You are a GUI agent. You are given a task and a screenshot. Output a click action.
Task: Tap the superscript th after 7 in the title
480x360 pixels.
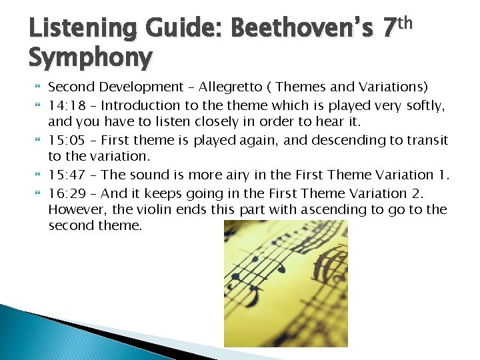404,23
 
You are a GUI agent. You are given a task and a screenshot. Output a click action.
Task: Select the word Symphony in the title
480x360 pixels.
90,58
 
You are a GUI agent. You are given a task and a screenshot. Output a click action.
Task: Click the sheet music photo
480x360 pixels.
285,283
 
